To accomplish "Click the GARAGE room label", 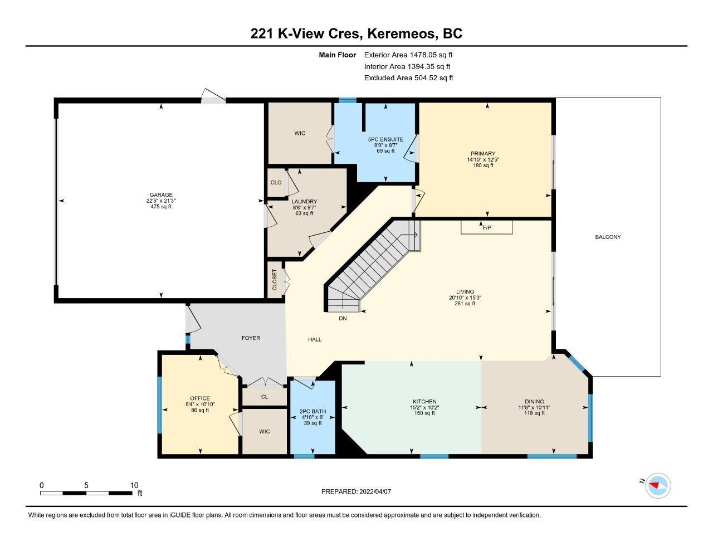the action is coord(161,194).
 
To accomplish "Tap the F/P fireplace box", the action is coord(487,227).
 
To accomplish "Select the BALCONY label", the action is coord(608,237).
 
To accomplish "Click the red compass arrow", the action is coord(654,485).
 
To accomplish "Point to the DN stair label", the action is coord(343,318).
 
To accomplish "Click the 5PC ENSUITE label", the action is coord(385,139).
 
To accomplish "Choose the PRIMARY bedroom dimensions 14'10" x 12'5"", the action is coord(483,159).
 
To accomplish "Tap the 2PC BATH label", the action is coord(312,411).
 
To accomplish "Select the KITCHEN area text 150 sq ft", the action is coord(424,413).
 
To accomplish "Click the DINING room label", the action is coord(534,401).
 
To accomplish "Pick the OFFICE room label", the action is coord(200,398).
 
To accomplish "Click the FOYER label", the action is coord(251,338).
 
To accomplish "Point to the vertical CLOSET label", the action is coord(275,280).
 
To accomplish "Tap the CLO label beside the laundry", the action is coord(276,183).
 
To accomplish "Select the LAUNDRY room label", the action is coord(304,202).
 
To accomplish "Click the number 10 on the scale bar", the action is coord(134,485).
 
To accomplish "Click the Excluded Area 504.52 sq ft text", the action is coord(408,78).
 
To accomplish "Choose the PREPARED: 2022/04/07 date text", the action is coord(356,491).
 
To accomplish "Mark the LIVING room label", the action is coord(465,291).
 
